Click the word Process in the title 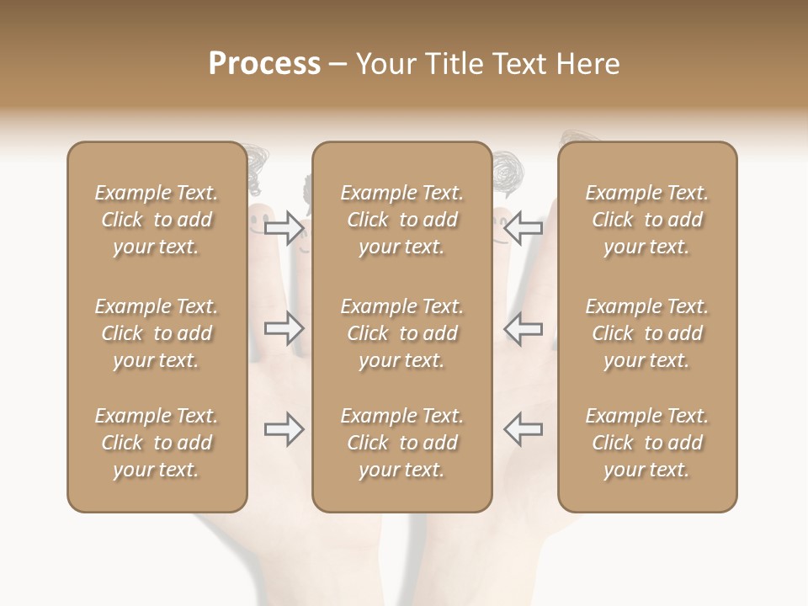(x=264, y=64)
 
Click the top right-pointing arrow (x=284, y=226)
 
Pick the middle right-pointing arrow (x=284, y=328)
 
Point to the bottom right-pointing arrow (x=284, y=429)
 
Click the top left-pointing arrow (x=523, y=226)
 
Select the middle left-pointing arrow (x=523, y=328)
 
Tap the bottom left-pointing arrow (x=523, y=429)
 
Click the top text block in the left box (x=157, y=220)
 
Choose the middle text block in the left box (x=157, y=333)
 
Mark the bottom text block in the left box (x=157, y=443)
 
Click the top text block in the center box (x=401, y=220)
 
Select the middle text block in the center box (x=401, y=333)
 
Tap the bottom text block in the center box (x=401, y=443)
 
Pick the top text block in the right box (x=646, y=220)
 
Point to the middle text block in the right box (x=646, y=333)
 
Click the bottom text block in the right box (x=646, y=443)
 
